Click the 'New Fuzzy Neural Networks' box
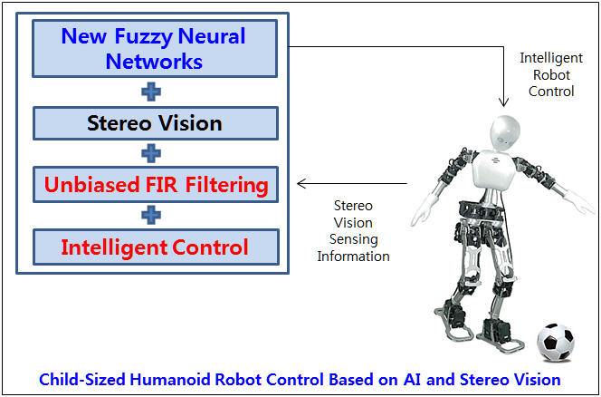point(155,49)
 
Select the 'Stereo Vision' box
point(156,123)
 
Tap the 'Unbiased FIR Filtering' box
point(156,184)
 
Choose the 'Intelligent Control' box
point(156,247)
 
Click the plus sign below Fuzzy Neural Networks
point(151,92)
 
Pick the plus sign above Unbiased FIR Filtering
point(151,153)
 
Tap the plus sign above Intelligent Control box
point(151,215)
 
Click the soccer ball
point(556,343)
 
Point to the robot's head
point(505,133)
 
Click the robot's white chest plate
point(493,169)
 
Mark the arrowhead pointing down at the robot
point(503,102)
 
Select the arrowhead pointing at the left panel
point(302,183)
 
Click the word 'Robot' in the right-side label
point(551,75)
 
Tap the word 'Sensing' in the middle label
point(353,239)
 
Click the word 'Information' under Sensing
point(353,257)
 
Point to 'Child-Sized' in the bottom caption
point(82,380)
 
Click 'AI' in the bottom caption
point(412,380)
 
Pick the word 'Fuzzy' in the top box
point(143,37)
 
